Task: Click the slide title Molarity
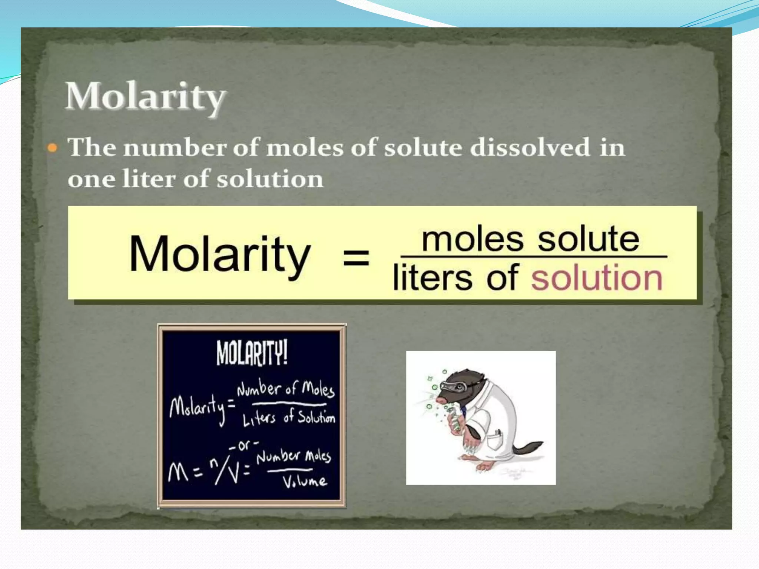pos(145,96)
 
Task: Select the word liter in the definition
pos(149,179)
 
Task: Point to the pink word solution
pos(597,278)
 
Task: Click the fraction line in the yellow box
pos(534,256)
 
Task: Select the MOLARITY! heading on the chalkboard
pos(252,353)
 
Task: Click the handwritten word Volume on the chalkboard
pos(305,481)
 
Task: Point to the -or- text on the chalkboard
pos(243,445)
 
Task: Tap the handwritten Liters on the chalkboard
pos(259,419)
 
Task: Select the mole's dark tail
pos(528,449)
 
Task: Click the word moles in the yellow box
pos(473,239)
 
